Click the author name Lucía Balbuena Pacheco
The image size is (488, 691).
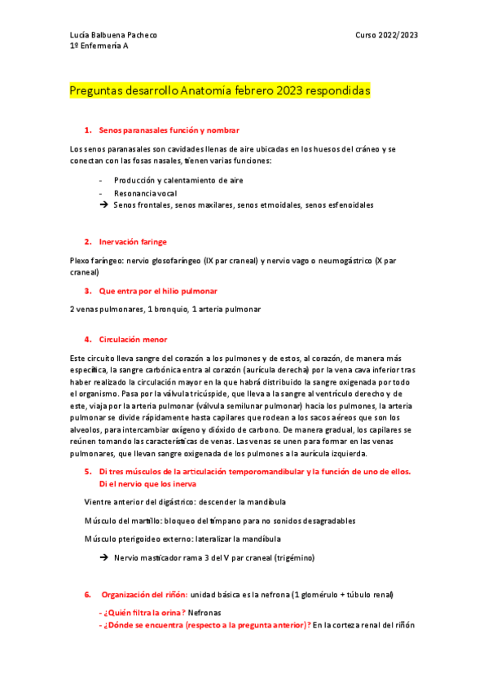tap(114, 35)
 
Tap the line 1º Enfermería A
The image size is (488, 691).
tap(99, 46)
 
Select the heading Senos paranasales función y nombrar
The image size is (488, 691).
tap(169, 130)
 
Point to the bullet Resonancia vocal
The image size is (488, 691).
tap(145, 193)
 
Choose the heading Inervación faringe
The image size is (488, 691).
tap(133, 242)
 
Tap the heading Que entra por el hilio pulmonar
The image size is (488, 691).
tap(158, 291)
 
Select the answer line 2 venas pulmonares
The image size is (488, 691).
tap(106, 310)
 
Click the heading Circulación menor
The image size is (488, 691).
tap(134, 339)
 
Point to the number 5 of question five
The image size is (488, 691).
tap(87, 472)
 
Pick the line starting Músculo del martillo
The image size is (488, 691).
tap(219, 521)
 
